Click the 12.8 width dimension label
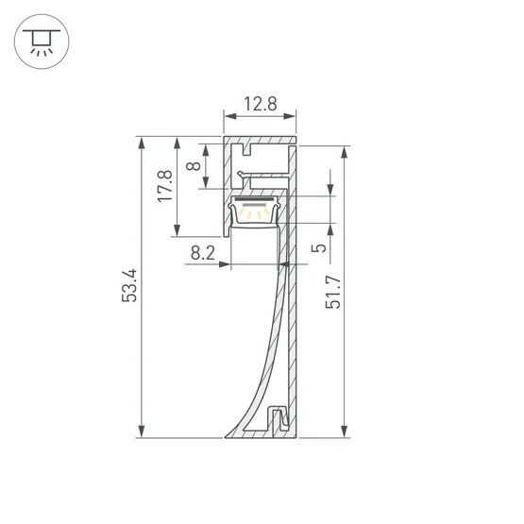(261, 104)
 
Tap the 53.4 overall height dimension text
(129, 286)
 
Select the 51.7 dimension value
(333, 292)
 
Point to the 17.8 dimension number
(165, 186)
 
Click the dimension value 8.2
(203, 253)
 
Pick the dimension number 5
(319, 247)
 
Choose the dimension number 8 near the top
(194, 166)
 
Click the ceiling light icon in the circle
(42, 42)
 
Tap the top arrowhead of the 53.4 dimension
(142, 143)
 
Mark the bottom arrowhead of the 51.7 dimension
(345, 431)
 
